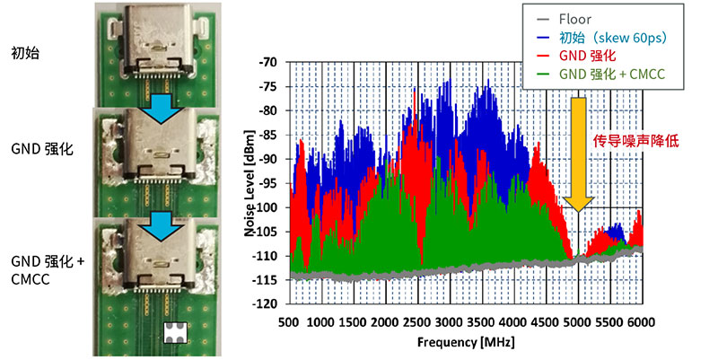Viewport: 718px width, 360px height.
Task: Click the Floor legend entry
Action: [x=574, y=19]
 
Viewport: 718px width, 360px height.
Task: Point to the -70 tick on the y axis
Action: [x=269, y=64]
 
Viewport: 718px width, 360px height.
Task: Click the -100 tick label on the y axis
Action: [x=267, y=207]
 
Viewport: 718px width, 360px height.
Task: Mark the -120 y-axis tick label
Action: [x=267, y=303]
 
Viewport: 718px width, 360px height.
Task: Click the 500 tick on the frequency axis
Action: [x=289, y=321]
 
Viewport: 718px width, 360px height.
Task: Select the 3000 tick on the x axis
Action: [x=450, y=321]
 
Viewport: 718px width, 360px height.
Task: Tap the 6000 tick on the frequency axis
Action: [x=641, y=321]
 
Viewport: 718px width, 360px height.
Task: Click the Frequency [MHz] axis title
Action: [x=466, y=342]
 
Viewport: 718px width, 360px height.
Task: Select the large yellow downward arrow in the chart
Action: [x=579, y=153]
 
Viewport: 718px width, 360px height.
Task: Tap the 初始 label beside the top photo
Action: [x=24, y=53]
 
